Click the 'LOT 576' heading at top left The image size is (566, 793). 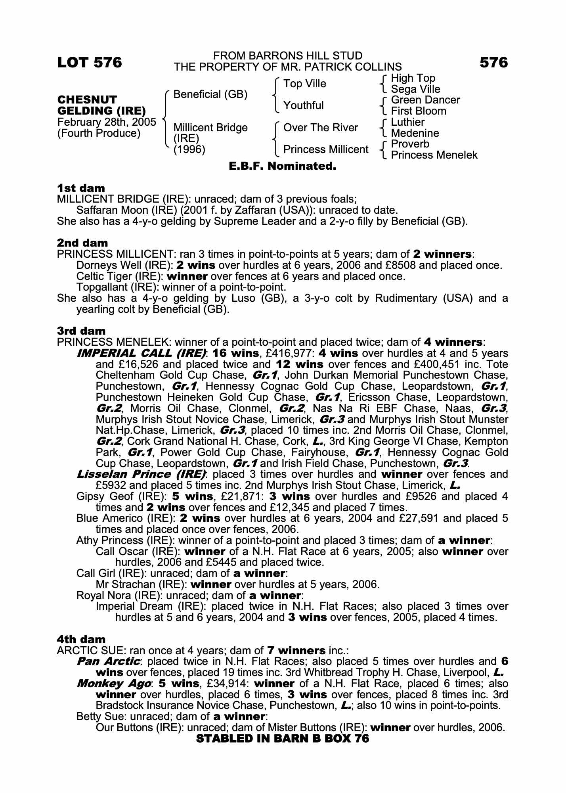point(90,63)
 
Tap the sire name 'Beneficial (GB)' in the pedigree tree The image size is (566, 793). point(210,94)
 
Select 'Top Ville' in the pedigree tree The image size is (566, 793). point(304,84)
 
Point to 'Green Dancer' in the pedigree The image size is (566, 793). point(425,100)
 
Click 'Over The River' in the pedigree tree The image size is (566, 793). point(320,128)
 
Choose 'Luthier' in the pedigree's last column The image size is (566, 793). point(407,122)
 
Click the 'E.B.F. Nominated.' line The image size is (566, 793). point(282,166)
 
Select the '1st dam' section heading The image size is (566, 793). point(81,188)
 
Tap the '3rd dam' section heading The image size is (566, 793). point(81,331)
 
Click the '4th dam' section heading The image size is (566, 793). point(81,639)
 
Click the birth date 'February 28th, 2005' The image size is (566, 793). point(107,122)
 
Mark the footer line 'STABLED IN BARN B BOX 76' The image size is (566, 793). point(282,738)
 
